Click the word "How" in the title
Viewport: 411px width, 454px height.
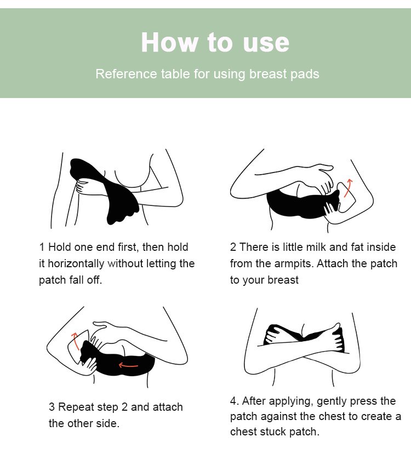click(169, 42)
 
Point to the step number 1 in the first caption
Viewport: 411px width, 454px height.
click(42, 248)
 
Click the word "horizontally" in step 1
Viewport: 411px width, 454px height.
click(76, 264)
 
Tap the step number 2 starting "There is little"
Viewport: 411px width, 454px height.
click(233, 248)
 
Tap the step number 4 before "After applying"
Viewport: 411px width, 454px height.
click(233, 401)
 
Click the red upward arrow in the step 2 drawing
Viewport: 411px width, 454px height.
click(348, 188)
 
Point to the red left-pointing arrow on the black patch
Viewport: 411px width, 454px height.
click(128, 365)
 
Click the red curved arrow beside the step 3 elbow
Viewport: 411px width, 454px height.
click(75, 341)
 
